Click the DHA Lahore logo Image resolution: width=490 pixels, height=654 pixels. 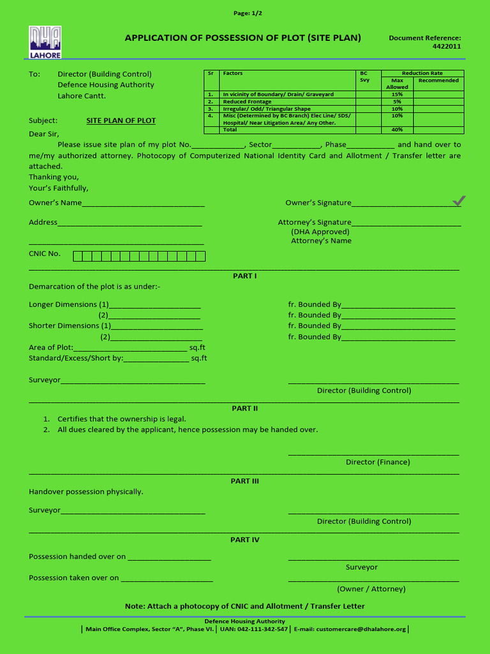click(x=45, y=42)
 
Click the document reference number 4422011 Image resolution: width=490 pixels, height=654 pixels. click(x=447, y=46)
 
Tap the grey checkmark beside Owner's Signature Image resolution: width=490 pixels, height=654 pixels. click(x=458, y=201)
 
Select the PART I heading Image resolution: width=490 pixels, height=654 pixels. click(x=244, y=276)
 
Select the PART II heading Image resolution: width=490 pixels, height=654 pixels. click(x=244, y=408)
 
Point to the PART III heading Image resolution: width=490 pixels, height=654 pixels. click(x=244, y=481)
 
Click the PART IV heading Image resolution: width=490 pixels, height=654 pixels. click(x=244, y=540)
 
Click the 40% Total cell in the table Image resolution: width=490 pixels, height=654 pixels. click(x=397, y=130)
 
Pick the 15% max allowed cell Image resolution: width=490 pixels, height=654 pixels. click(x=397, y=95)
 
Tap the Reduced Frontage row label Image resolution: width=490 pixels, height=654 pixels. click(x=247, y=102)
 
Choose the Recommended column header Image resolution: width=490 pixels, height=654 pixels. click(x=438, y=80)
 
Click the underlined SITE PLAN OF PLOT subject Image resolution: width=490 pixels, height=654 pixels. click(x=121, y=121)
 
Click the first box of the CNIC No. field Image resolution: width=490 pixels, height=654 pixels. click(x=77, y=256)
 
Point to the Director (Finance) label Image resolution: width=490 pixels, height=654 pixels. click(x=378, y=462)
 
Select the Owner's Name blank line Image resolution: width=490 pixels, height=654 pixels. click(x=144, y=203)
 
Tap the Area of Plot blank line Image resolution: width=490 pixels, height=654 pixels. click(x=130, y=348)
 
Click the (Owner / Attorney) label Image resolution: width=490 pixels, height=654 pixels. click(x=371, y=589)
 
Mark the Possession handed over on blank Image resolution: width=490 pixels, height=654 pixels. click(x=169, y=557)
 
